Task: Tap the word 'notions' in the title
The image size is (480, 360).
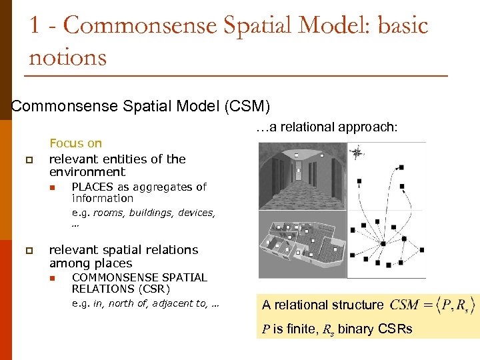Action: pos(67,57)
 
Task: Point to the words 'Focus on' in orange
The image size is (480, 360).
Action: pos(75,143)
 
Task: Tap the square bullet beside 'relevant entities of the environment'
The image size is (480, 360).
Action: pos(28,159)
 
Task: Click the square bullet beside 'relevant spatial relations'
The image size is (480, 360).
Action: pos(28,251)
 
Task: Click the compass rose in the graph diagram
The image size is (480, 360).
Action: pos(357,153)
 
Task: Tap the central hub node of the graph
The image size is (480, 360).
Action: pos(383,244)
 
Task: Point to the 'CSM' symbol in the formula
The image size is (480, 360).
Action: pos(404,305)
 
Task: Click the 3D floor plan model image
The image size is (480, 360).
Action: pos(300,245)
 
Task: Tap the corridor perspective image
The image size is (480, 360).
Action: pos(300,177)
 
